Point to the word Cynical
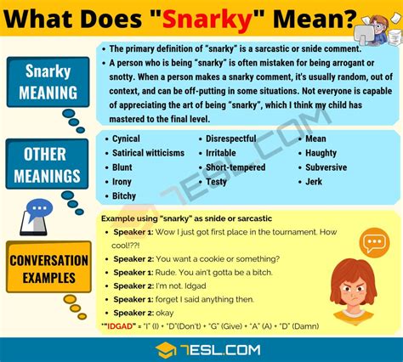pos(127,138)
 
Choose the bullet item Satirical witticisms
pos(148,152)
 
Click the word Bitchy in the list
pos(126,195)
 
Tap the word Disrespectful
pos(232,138)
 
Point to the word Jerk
pos(314,181)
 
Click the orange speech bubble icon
pos(374,244)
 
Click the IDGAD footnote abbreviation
pos(122,325)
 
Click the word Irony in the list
pos(122,181)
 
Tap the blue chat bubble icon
pos(40,209)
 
